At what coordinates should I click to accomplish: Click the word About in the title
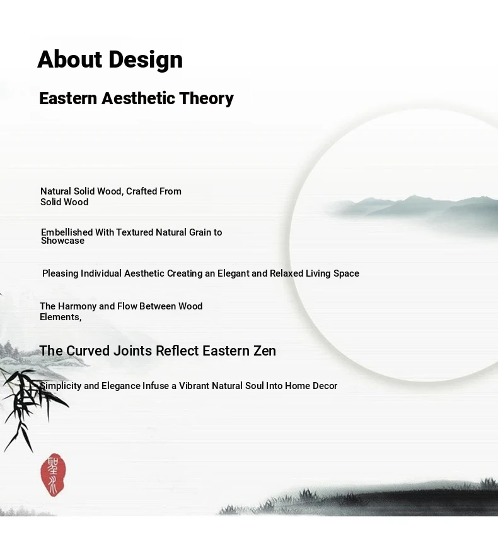[69, 59]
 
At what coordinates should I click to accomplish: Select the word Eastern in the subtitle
[68, 99]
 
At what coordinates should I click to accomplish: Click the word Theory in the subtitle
[206, 99]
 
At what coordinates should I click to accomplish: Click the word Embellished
[67, 232]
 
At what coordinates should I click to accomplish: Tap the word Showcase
[63, 241]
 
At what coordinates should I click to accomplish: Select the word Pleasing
[61, 273]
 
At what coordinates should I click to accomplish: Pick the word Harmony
[78, 306]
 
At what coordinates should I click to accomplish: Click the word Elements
[61, 317]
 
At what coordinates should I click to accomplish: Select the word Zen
[265, 350]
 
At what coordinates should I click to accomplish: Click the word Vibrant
[194, 386]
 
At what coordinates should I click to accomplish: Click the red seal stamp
[53, 475]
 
